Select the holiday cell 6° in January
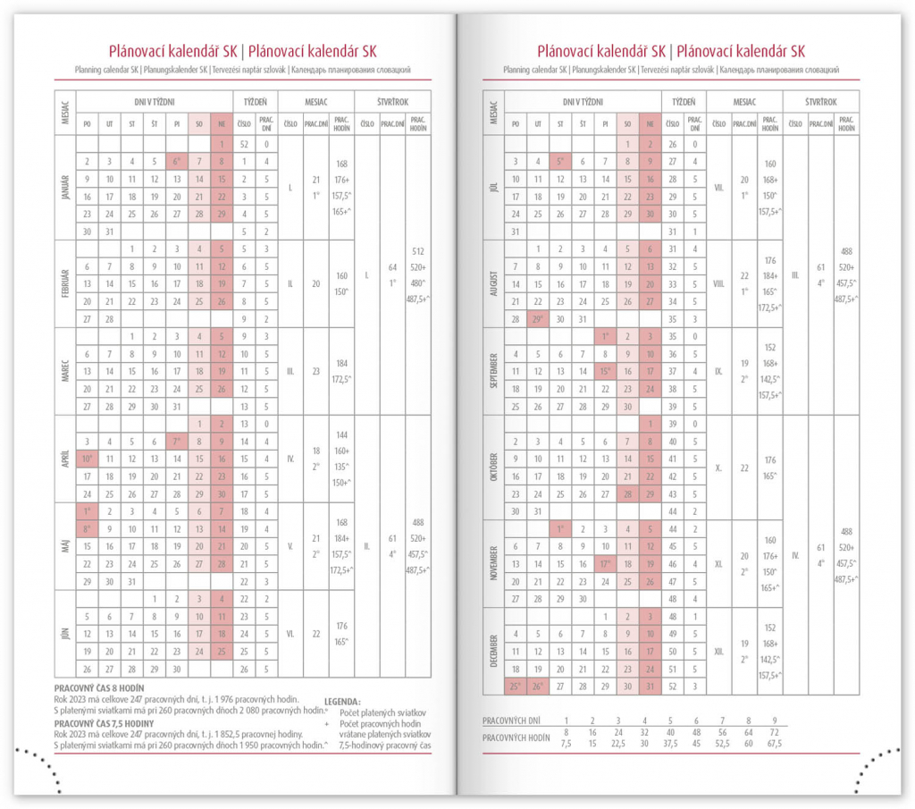[x=177, y=162]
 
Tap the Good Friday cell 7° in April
[x=177, y=442]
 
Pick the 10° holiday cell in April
[x=87, y=459]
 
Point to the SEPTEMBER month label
[x=493, y=371]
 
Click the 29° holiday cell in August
[x=538, y=319]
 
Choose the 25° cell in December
[x=516, y=687]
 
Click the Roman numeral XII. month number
[x=718, y=652]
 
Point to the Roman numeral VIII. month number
[x=718, y=283]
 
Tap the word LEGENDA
[x=342, y=702]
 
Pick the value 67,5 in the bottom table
[x=775, y=743]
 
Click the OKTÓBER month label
[x=493, y=468]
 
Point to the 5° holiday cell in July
[x=560, y=162]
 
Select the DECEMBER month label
[x=493, y=652]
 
